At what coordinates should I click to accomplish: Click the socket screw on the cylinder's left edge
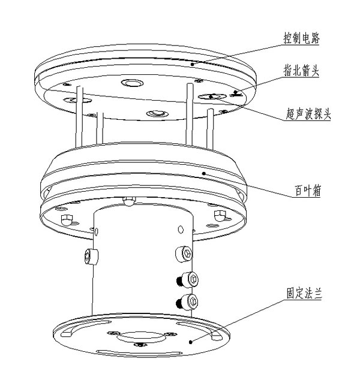[x=90, y=257]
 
